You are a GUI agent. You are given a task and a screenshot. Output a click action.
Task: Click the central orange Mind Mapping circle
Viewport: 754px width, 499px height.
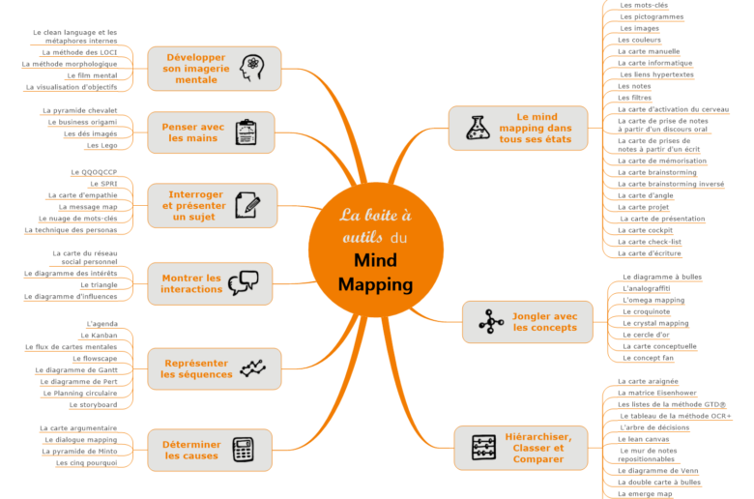(x=376, y=249)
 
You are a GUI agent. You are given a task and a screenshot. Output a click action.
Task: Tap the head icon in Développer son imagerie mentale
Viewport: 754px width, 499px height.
(x=253, y=68)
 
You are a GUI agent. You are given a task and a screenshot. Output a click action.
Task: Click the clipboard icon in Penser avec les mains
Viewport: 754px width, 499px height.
(x=246, y=132)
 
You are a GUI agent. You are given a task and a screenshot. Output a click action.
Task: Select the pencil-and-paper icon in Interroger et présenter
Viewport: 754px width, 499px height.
(x=248, y=205)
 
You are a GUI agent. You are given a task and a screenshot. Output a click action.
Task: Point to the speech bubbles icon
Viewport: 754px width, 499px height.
(x=244, y=282)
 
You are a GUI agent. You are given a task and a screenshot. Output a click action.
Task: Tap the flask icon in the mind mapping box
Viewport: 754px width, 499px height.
(x=478, y=128)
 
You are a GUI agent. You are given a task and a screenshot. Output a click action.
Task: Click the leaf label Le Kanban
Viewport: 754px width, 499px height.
(x=99, y=336)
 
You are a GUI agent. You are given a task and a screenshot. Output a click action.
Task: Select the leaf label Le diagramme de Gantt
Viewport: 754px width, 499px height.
(x=76, y=370)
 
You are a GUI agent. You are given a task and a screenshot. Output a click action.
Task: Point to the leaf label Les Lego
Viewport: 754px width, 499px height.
(x=101, y=145)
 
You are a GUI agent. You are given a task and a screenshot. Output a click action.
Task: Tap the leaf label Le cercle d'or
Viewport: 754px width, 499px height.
(x=647, y=335)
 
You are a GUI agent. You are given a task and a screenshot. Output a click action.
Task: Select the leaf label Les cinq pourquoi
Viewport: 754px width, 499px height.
(x=87, y=463)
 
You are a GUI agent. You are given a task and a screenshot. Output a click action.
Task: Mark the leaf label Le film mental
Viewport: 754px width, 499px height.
(x=92, y=75)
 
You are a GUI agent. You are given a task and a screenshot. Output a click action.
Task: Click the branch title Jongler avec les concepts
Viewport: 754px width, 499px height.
(x=544, y=322)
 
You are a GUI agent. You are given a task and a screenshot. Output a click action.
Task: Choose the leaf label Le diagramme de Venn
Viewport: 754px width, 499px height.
(x=656, y=471)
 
